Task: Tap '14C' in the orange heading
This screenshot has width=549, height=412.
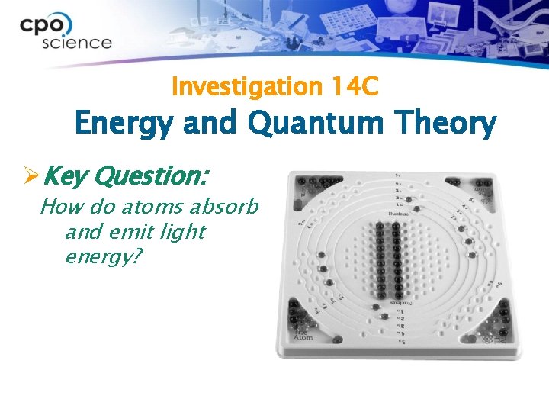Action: pos(355,88)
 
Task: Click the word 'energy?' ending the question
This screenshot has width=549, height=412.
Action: pos(104,256)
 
